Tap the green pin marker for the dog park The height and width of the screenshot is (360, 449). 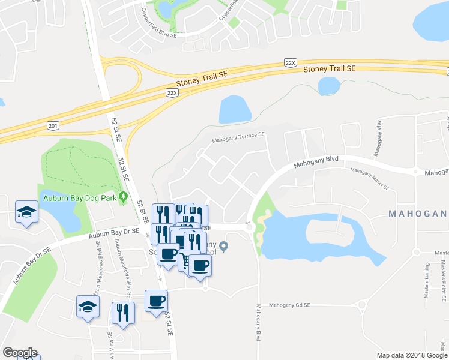[x=123, y=196]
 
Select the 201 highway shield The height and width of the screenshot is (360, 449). [x=53, y=125]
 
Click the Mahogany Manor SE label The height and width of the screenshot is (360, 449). [x=370, y=179]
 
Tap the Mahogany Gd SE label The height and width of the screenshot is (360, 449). [x=289, y=305]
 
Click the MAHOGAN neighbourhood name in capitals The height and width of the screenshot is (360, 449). [x=418, y=214]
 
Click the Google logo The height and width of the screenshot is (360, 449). [x=20, y=353]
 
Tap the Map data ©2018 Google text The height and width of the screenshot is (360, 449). [x=411, y=355]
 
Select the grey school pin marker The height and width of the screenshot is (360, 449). [x=223, y=246]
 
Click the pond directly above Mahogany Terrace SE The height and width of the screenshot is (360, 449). [x=235, y=110]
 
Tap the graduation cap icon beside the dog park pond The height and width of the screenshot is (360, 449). [x=26, y=212]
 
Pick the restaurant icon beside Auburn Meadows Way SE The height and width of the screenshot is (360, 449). [x=124, y=313]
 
